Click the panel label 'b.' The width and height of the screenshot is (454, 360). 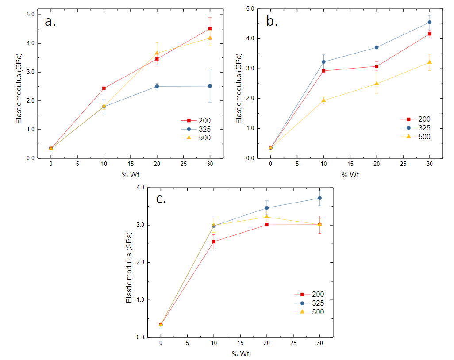pos(272,21)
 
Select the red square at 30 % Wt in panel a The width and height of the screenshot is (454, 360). pos(210,29)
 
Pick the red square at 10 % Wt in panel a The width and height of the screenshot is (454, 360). pos(104,88)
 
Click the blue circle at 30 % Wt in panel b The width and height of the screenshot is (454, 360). pos(430,22)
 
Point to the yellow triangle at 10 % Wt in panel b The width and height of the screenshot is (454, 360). pos(324,100)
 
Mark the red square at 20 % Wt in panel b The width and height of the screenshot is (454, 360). pos(377,66)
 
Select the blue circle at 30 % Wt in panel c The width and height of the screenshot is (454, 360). pos(319,198)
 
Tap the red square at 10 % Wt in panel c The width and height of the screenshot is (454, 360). pos(214,241)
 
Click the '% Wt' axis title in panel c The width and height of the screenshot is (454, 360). pos(240,354)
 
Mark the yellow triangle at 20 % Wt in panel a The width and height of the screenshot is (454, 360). pos(157,53)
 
